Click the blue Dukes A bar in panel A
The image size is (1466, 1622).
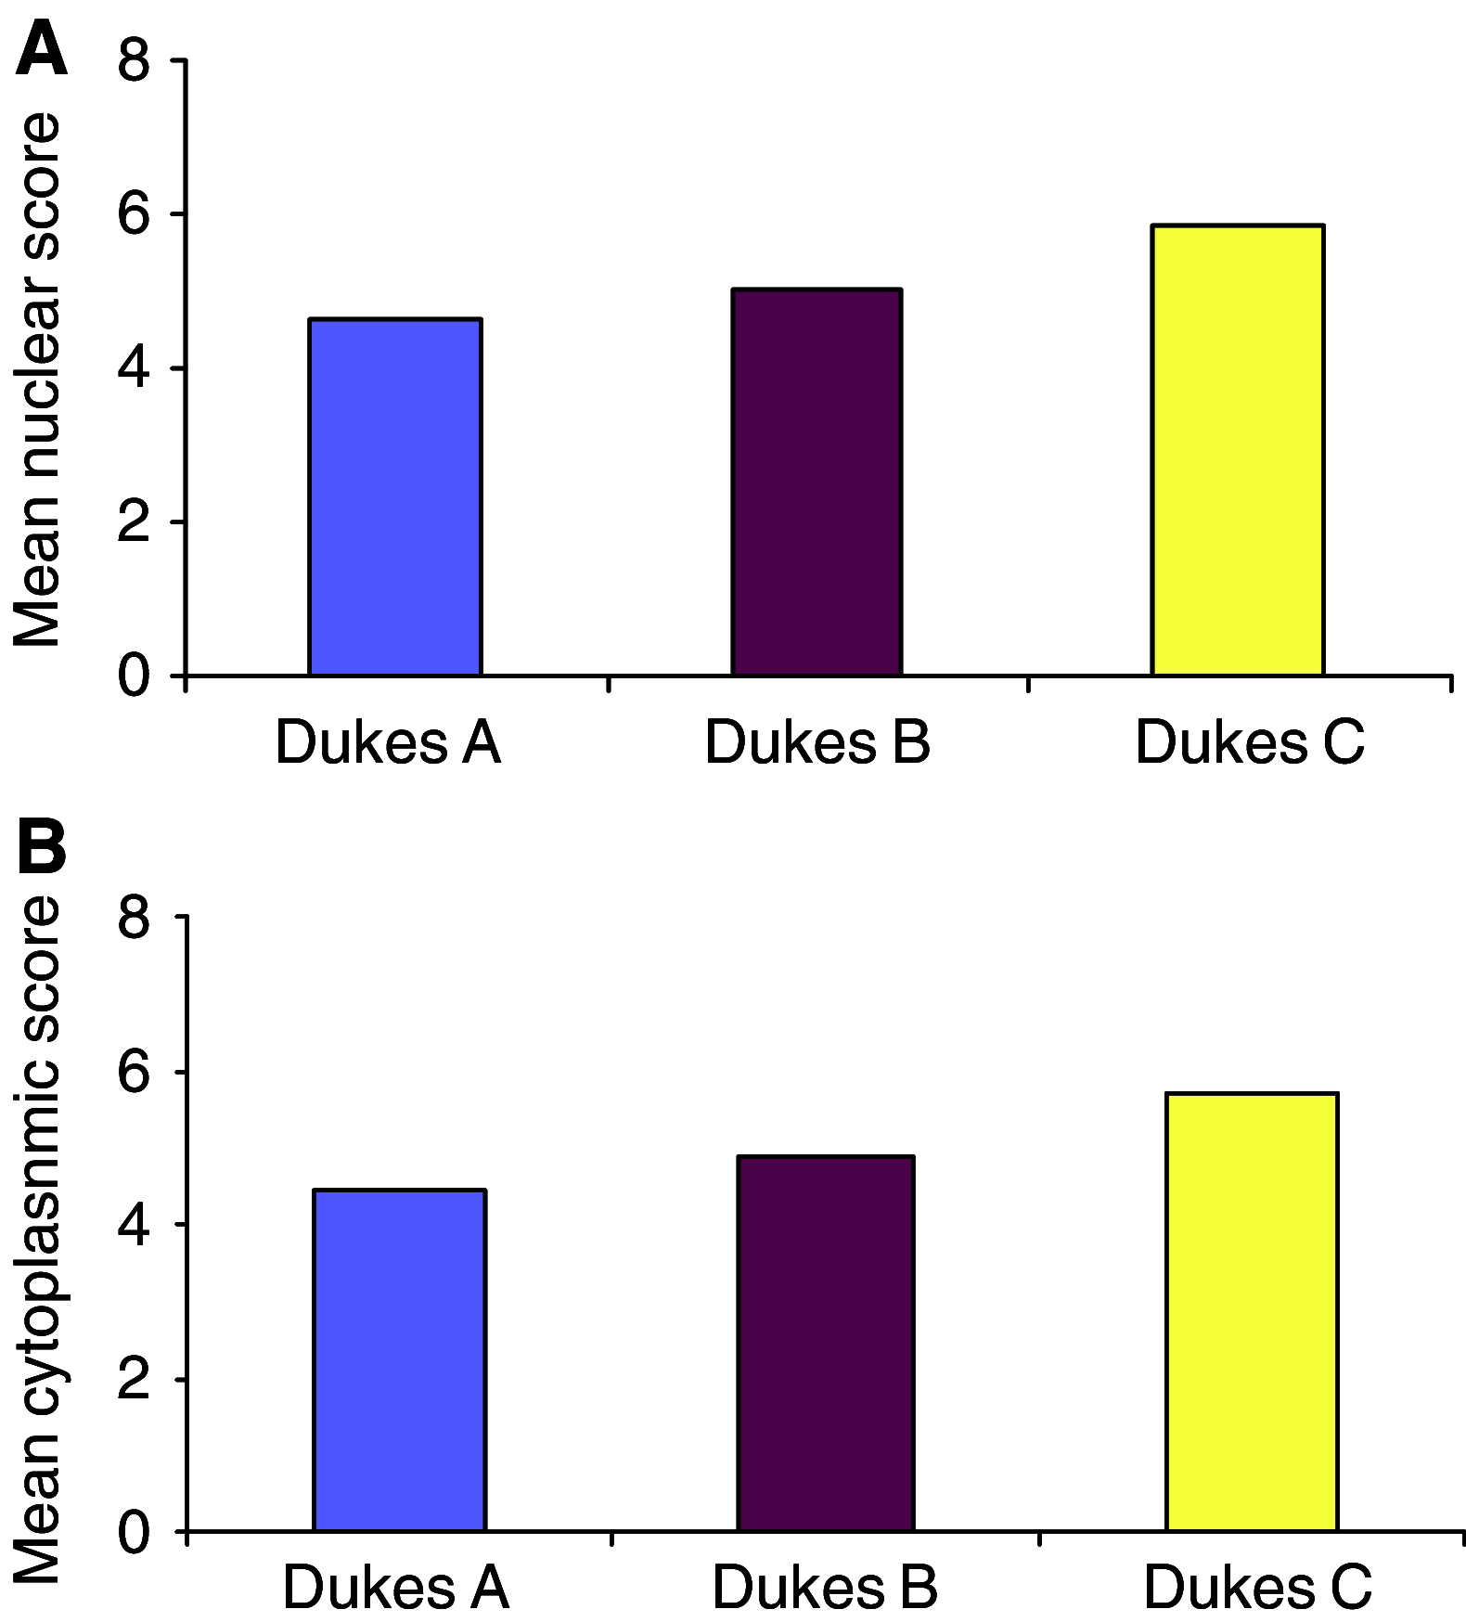click(395, 496)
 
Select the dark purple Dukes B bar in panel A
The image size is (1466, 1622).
click(817, 482)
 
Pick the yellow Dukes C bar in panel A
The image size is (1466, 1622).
click(1237, 450)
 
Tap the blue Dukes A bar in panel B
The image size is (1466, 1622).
click(400, 1359)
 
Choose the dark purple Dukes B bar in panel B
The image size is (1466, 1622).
click(826, 1343)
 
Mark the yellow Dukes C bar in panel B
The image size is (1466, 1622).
click(1252, 1311)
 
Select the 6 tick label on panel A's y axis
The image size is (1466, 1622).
click(134, 215)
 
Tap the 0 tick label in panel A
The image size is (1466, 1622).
click(134, 676)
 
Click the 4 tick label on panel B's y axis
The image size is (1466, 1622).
click(134, 1226)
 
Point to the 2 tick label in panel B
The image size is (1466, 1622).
click(134, 1380)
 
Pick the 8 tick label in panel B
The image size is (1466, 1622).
click(134, 918)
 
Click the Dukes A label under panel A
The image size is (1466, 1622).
click(388, 743)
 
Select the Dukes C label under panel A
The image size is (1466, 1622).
click(1250, 743)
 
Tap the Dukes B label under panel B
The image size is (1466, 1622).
click(825, 1588)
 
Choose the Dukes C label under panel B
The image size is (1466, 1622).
click(1257, 1588)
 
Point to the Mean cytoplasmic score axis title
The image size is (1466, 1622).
click(37, 1239)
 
